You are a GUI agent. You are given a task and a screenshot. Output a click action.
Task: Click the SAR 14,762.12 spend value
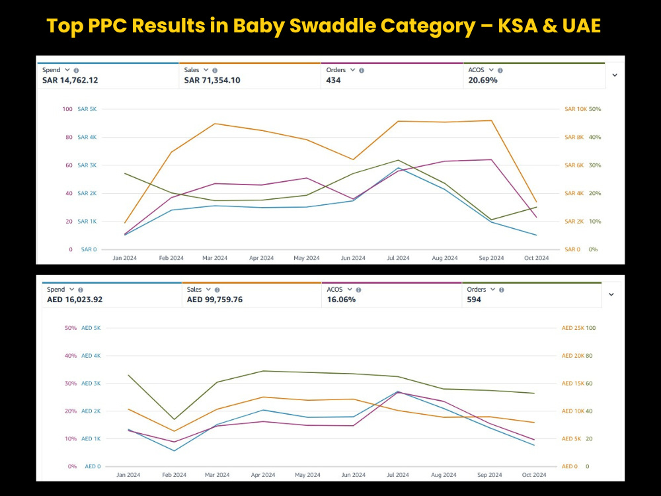70,80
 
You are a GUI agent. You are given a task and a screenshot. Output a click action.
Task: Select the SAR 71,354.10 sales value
212,80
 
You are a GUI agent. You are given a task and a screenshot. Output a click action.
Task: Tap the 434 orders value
333,80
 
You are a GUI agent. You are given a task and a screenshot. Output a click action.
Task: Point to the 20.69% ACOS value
483,80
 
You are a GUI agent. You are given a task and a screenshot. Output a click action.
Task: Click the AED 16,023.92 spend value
75,300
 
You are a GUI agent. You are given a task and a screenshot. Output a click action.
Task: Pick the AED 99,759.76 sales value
215,300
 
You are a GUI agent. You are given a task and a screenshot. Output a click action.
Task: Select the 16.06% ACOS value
341,300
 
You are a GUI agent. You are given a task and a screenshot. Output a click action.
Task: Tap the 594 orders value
474,300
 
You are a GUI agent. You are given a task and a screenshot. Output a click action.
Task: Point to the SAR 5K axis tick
87,109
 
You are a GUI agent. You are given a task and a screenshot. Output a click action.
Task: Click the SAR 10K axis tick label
576,109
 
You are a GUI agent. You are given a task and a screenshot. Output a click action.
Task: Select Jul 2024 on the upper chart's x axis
398,258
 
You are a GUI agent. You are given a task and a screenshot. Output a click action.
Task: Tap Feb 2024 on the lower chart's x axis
174,474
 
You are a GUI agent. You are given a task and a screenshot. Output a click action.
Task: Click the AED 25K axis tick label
573,328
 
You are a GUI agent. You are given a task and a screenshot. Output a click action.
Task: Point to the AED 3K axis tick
91,384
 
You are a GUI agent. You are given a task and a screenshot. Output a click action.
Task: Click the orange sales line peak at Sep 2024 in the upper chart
492,120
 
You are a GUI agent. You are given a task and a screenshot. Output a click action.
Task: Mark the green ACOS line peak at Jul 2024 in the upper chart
398,160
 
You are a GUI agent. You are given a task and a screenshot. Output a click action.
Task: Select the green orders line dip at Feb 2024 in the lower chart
174,419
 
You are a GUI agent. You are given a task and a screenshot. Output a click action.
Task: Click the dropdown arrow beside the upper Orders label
352,70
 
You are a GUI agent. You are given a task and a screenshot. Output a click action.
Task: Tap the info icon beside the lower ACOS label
358,290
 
